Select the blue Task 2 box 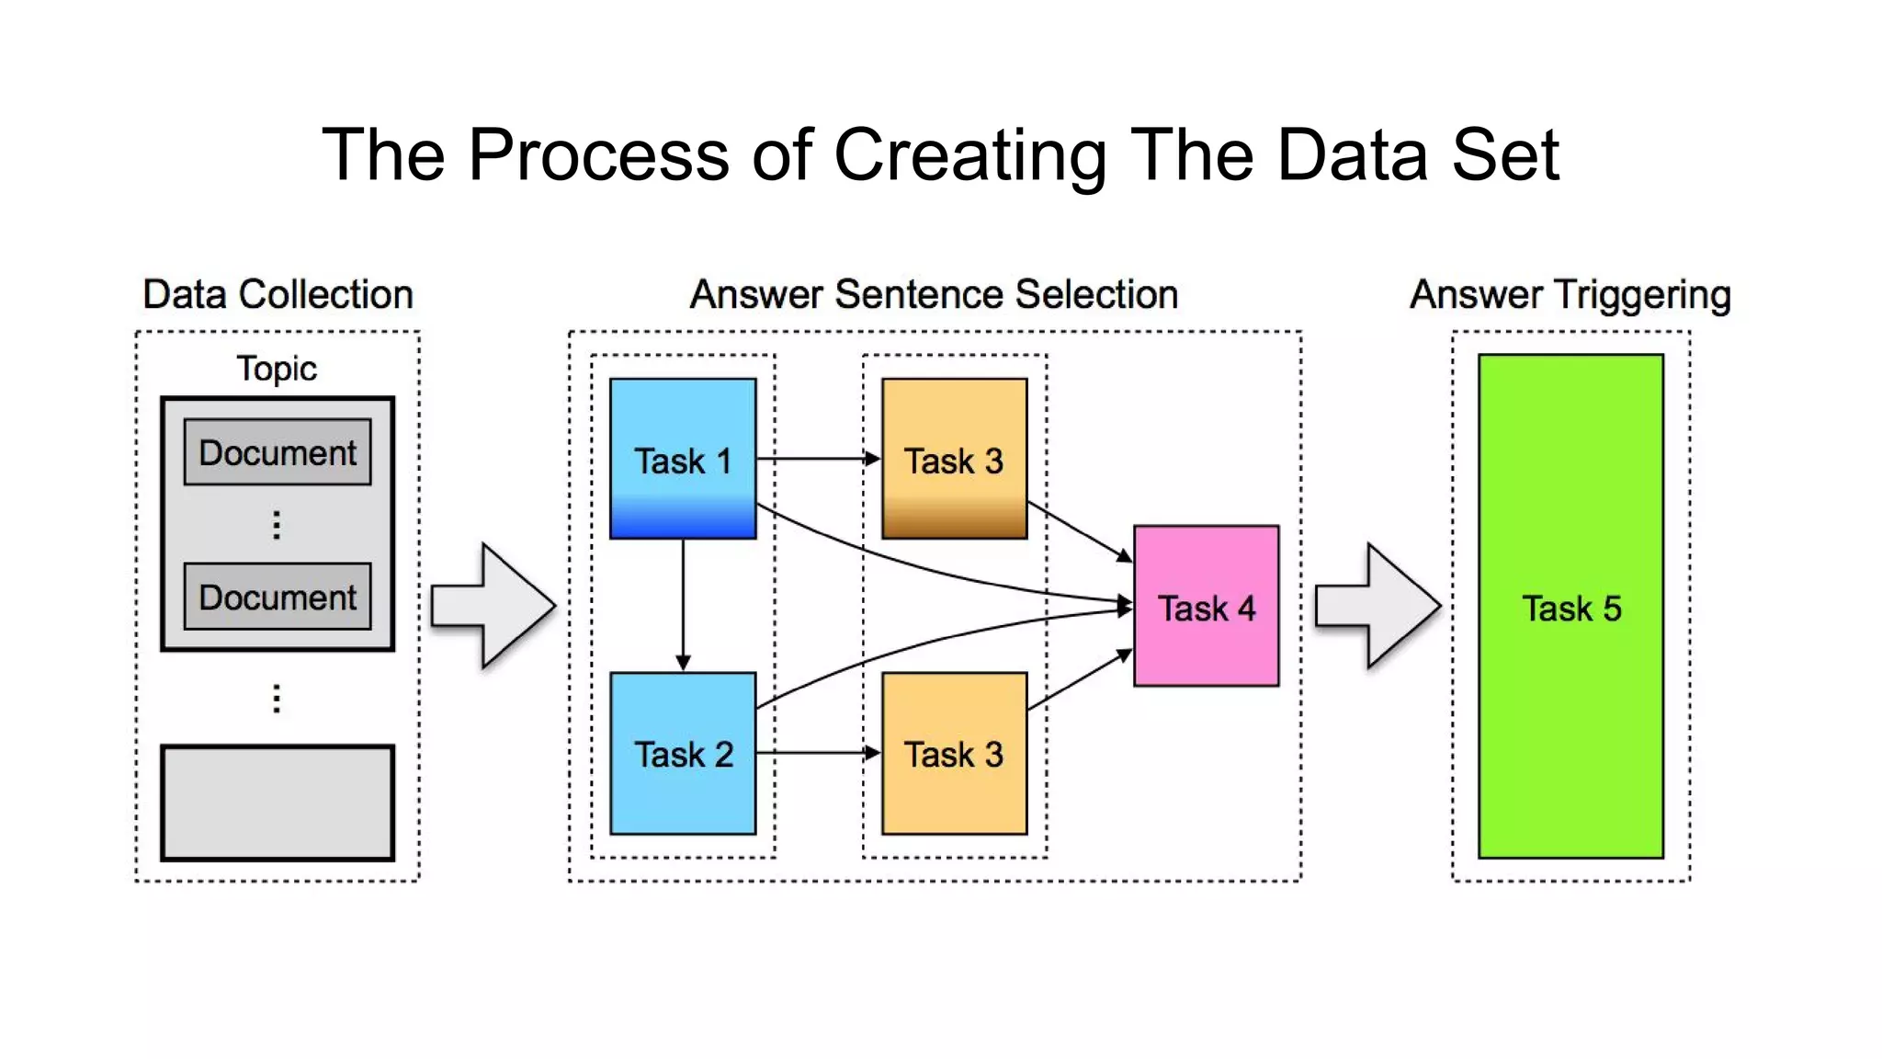click(x=683, y=754)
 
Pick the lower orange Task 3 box click(x=954, y=754)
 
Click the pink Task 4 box click(x=1206, y=607)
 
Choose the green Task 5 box click(x=1570, y=607)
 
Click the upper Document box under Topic click(x=278, y=452)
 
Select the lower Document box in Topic click(x=278, y=597)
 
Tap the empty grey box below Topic click(x=278, y=803)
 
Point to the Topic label click(x=277, y=369)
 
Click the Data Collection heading click(x=278, y=294)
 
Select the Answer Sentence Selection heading click(x=934, y=294)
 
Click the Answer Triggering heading click(x=1570, y=295)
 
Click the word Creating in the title click(x=969, y=154)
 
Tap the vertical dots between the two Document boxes click(x=277, y=524)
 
